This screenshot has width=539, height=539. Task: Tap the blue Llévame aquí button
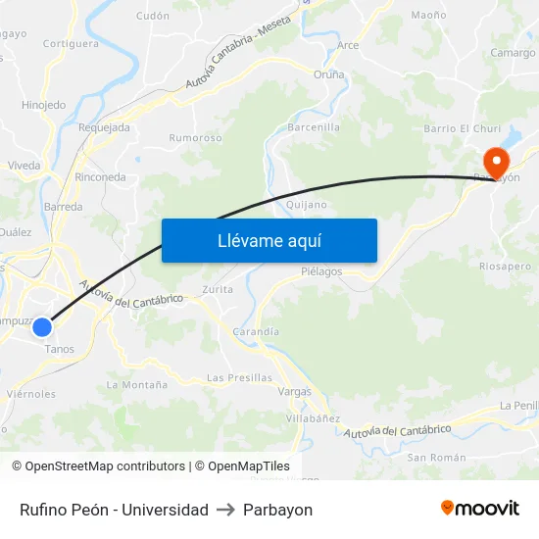click(x=269, y=241)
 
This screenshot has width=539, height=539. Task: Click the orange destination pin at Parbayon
click(x=497, y=160)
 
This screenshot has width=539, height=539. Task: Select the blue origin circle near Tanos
click(x=42, y=327)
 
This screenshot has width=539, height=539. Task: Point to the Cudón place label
click(x=153, y=16)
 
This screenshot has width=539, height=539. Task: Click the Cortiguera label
click(x=71, y=44)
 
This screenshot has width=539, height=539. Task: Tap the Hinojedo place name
click(x=43, y=105)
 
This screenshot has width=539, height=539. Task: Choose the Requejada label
click(x=104, y=127)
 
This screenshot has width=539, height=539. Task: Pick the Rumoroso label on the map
click(x=195, y=138)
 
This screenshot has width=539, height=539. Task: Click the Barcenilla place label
click(x=314, y=127)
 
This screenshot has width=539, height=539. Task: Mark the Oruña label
click(x=328, y=74)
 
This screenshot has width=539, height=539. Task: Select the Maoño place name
click(x=428, y=15)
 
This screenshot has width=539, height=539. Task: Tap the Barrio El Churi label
click(x=462, y=128)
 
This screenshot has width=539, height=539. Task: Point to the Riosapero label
click(x=506, y=266)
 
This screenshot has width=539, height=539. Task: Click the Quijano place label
click(x=307, y=205)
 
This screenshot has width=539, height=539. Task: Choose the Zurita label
click(x=217, y=290)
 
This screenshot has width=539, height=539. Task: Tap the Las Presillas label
click(x=239, y=377)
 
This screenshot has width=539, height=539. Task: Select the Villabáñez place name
click(x=313, y=418)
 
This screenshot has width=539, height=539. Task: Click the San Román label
click(x=429, y=458)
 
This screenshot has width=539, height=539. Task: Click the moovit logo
click(x=480, y=509)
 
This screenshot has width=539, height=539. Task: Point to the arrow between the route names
click(x=225, y=510)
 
